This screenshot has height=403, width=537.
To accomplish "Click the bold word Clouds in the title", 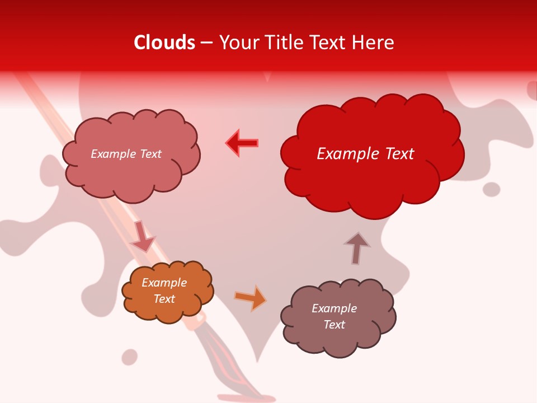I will (x=164, y=43).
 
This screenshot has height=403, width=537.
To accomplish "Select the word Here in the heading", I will (x=375, y=43).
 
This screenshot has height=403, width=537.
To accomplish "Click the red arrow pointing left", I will (x=242, y=143).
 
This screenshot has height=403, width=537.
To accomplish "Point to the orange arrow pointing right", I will (x=251, y=298).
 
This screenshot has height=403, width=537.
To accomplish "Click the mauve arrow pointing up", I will (x=356, y=248).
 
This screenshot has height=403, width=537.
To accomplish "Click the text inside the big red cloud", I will (x=365, y=154).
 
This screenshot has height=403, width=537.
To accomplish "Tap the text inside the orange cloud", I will (x=164, y=290).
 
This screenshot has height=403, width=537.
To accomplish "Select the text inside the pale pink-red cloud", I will (x=126, y=154).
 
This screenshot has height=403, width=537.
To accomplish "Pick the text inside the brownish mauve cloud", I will (x=334, y=316).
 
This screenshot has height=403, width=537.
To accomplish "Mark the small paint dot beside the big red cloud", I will (x=491, y=189).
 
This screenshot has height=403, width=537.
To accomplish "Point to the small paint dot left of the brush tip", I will (x=130, y=357).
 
